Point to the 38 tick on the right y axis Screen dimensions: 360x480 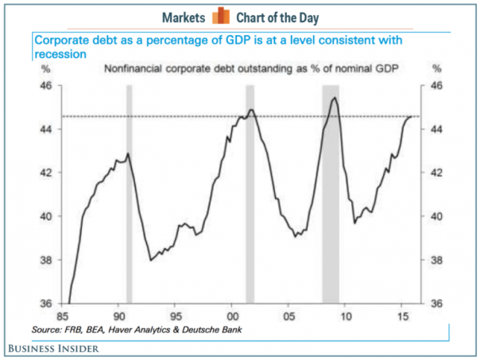[x=437, y=260]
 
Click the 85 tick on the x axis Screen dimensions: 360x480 [x=61, y=316]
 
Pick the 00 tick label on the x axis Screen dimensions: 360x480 [x=231, y=316]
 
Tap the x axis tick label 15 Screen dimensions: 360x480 [x=403, y=316]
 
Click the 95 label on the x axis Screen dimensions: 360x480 [x=176, y=316]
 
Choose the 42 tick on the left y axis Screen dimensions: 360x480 [x=47, y=172]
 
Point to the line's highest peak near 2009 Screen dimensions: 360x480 [x=334, y=98]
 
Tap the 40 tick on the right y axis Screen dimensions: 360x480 [x=437, y=216]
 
